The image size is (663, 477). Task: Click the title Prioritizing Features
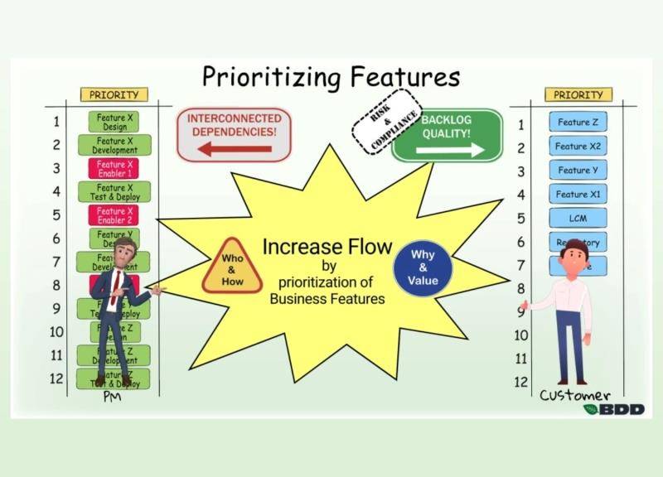pyautogui.click(x=331, y=77)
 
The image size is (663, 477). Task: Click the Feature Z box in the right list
pyautogui.click(x=577, y=123)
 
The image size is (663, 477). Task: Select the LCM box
pyautogui.click(x=577, y=218)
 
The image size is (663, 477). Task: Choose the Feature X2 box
pyautogui.click(x=577, y=146)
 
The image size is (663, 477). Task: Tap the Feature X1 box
pyautogui.click(x=577, y=194)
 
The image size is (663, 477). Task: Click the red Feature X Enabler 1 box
pyautogui.click(x=114, y=169)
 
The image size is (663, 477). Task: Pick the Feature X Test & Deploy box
pyautogui.click(x=114, y=192)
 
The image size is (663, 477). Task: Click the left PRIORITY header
pyautogui.click(x=114, y=95)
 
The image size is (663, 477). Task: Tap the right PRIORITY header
pyautogui.click(x=578, y=95)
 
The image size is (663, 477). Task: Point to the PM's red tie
pyautogui.click(x=118, y=287)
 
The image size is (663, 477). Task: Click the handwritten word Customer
pyautogui.click(x=575, y=395)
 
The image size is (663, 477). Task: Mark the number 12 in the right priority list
pyautogui.click(x=521, y=382)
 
